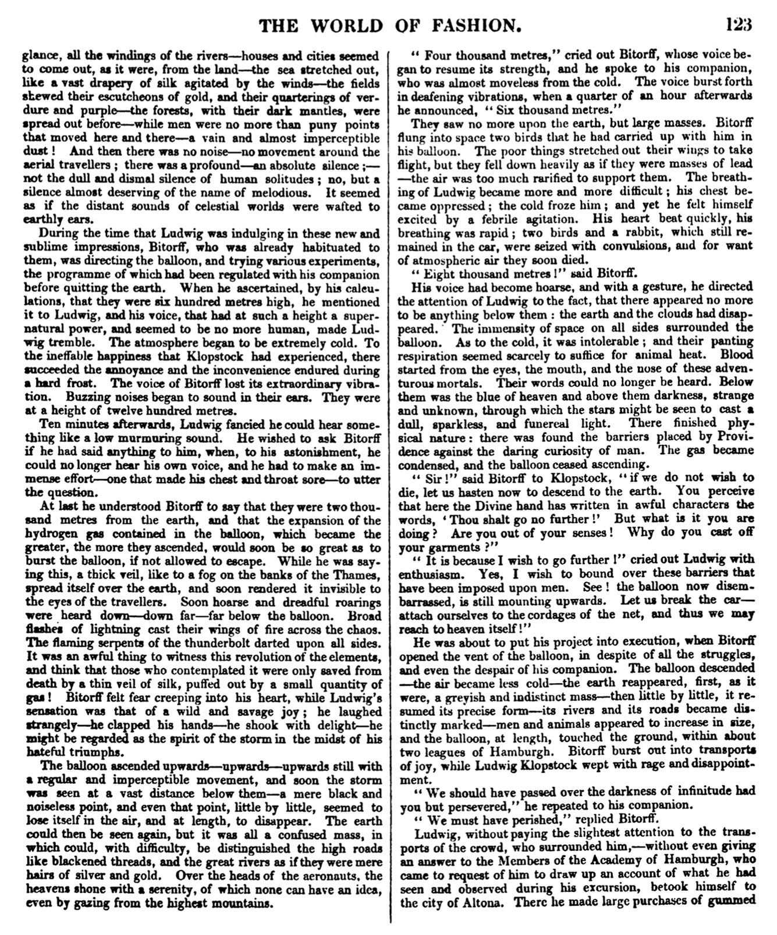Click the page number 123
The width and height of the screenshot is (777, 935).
(x=738, y=25)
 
